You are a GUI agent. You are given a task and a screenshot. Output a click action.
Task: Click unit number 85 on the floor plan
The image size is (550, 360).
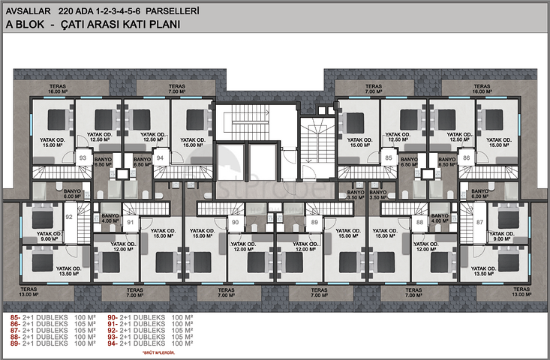point(389,158)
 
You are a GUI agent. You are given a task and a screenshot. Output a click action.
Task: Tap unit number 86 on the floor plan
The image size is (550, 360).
point(467,158)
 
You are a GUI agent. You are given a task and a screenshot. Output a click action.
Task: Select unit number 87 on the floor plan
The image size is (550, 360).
point(479,223)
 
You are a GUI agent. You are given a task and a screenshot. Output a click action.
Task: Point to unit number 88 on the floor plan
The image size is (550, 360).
point(419,222)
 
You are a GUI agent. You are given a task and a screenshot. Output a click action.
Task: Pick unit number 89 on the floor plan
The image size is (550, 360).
point(314,222)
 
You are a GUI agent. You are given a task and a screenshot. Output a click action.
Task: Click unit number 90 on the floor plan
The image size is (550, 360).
point(235,222)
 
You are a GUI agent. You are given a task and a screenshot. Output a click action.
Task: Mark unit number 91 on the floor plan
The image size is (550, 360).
point(130,222)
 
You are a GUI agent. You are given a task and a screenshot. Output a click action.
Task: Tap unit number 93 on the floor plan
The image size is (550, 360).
point(83,158)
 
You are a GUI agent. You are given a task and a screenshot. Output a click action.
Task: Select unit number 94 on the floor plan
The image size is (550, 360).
point(160,158)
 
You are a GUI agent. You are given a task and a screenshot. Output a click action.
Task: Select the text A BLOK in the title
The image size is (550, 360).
point(26,25)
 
